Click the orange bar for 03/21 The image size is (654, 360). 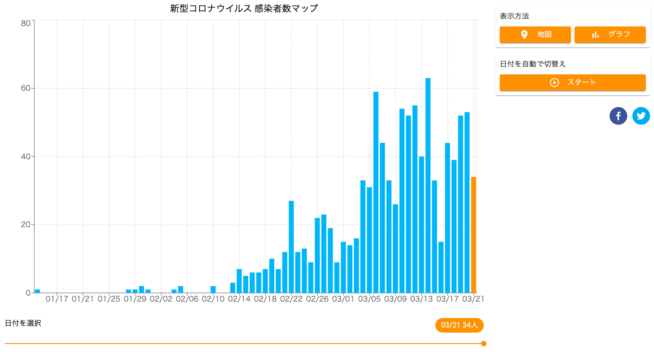(x=473, y=235)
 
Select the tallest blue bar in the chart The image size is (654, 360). (x=428, y=185)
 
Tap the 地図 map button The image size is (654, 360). (x=535, y=35)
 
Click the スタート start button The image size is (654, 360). (x=572, y=83)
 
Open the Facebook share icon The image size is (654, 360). (x=618, y=116)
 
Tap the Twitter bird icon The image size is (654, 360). (x=641, y=116)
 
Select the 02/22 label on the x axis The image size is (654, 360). (x=291, y=299)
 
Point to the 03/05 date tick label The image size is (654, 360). (x=369, y=299)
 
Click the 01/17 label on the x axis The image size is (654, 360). (x=57, y=299)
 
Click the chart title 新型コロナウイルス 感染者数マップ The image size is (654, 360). (x=244, y=8)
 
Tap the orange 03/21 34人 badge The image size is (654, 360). (x=459, y=325)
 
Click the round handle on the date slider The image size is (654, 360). (x=483, y=344)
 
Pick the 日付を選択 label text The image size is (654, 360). (x=23, y=323)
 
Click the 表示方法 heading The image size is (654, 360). (x=514, y=16)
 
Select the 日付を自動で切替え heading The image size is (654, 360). (x=533, y=64)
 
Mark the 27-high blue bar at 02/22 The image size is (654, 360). (x=291, y=246)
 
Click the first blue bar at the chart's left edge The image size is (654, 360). (x=37, y=291)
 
